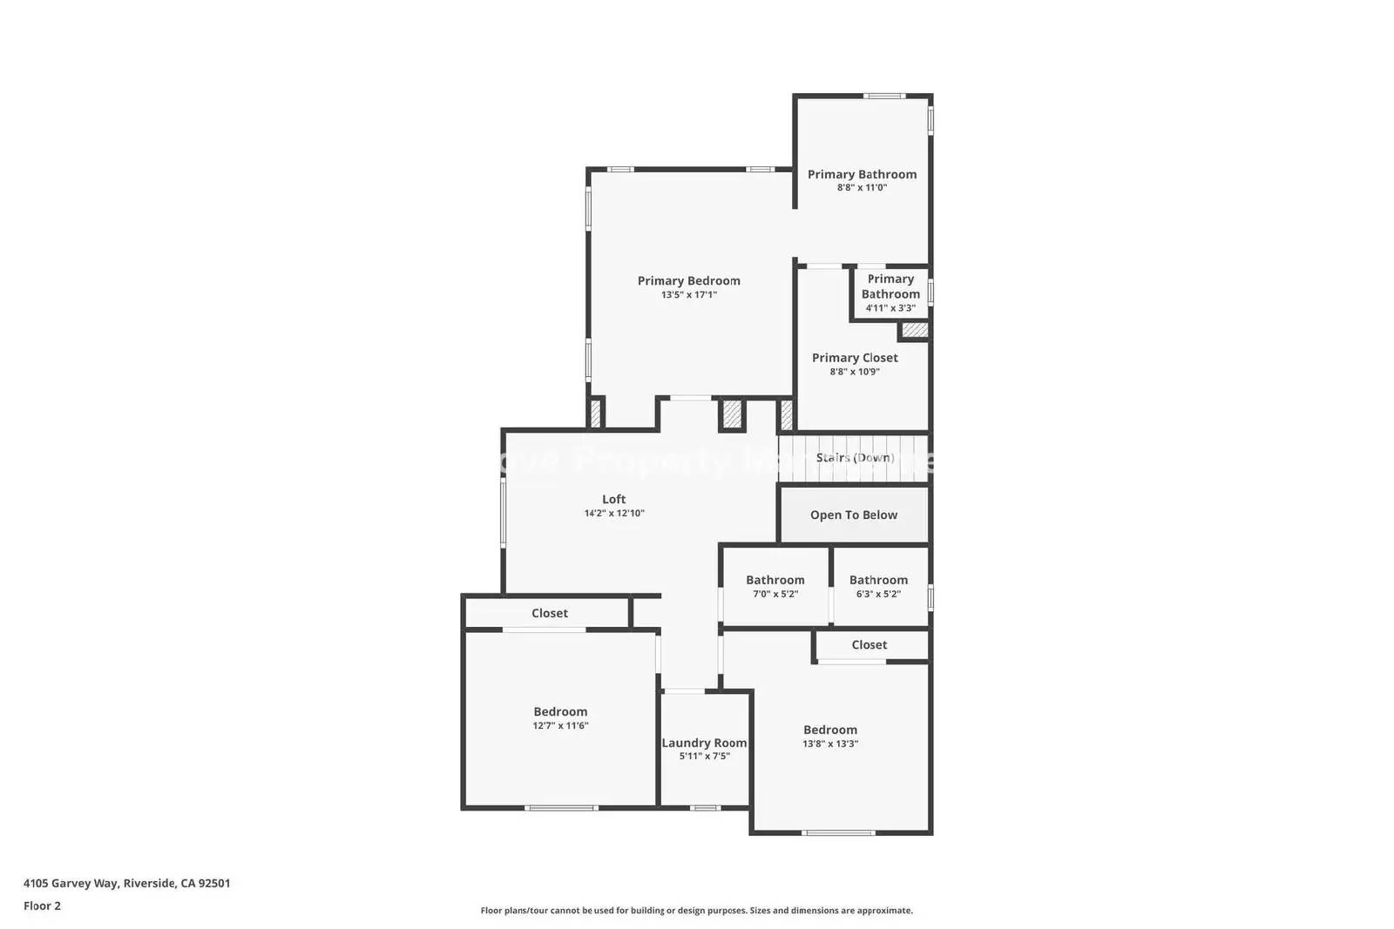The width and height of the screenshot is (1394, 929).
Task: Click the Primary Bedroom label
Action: pyautogui.click(x=688, y=280)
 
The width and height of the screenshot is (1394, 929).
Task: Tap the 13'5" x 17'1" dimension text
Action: pyautogui.click(x=688, y=295)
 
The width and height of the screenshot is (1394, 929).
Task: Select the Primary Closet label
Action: pyautogui.click(x=855, y=358)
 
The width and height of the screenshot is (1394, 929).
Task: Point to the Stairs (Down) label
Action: pyautogui.click(x=855, y=458)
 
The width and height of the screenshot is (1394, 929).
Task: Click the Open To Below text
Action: pyautogui.click(x=854, y=515)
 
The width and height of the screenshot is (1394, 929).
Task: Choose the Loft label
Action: pyautogui.click(x=614, y=499)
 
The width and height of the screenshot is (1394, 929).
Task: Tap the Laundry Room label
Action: pyautogui.click(x=704, y=743)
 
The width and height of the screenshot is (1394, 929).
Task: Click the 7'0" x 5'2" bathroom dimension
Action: pyautogui.click(x=775, y=595)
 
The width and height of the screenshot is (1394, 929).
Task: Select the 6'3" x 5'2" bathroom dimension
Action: pyautogui.click(x=878, y=595)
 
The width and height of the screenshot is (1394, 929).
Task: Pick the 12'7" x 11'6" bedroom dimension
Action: pyautogui.click(x=560, y=726)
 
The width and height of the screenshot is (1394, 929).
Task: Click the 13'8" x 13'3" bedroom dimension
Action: pyautogui.click(x=830, y=744)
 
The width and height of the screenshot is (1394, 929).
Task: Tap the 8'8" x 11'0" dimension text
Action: pyautogui.click(x=862, y=188)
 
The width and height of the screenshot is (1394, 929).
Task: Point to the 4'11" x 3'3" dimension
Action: pyautogui.click(x=890, y=308)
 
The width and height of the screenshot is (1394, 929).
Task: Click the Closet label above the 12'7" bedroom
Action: pyautogui.click(x=550, y=613)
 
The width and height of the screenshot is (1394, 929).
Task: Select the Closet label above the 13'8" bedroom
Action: pyautogui.click(x=870, y=645)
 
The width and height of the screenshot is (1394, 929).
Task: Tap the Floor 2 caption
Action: pyautogui.click(x=42, y=905)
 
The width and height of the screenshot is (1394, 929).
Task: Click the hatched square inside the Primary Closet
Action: pyautogui.click(x=914, y=330)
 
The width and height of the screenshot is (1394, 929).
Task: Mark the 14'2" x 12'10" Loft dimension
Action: pyautogui.click(x=614, y=514)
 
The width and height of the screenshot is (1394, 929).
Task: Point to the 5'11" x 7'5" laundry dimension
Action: pyautogui.click(x=704, y=757)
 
